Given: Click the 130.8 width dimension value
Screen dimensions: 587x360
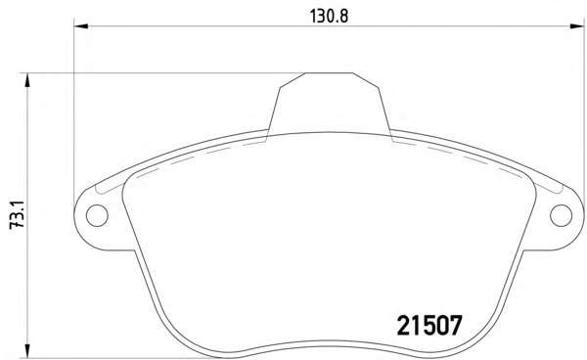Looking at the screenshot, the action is coord(329,16).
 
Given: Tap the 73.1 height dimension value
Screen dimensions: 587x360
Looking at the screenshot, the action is coord(17,214).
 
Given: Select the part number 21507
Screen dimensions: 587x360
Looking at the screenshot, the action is coord(429,326).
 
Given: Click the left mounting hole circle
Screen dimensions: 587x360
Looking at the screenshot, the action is coord(97,215).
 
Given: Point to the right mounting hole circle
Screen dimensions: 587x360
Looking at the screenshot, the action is coord(561,215).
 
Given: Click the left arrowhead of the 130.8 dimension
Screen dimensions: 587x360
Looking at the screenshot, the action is coord(80,26).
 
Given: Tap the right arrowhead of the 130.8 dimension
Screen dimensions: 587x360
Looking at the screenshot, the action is coord(577,26).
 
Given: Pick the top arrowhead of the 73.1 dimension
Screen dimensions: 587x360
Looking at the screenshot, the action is coord(26,80).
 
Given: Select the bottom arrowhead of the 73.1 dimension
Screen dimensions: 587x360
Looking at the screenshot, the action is coord(26,351).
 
